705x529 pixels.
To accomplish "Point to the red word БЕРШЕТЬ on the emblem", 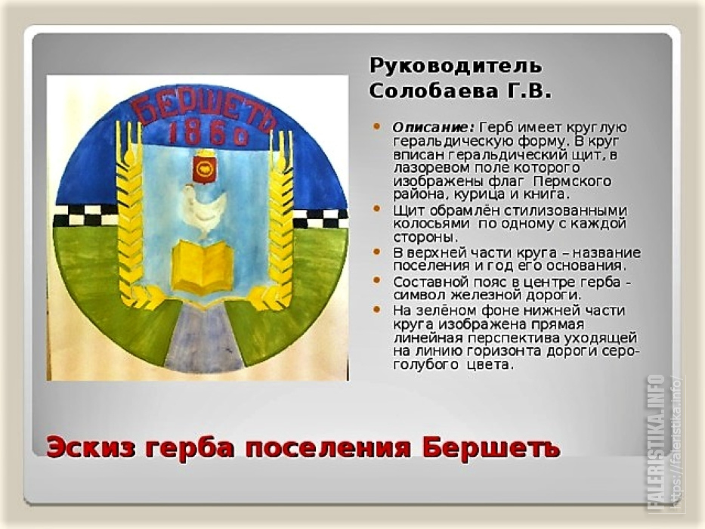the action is tap(205, 110).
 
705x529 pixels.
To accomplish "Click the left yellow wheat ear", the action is tap(131, 216).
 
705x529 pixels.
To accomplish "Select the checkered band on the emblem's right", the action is tap(321, 218).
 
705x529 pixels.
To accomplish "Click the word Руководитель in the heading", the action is tap(456, 67).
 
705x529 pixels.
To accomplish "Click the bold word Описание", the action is tap(434, 127).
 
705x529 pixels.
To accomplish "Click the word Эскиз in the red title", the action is tap(91, 447).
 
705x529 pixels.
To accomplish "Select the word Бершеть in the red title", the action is tap(491, 447).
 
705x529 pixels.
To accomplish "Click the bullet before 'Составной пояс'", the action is tap(377, 280).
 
